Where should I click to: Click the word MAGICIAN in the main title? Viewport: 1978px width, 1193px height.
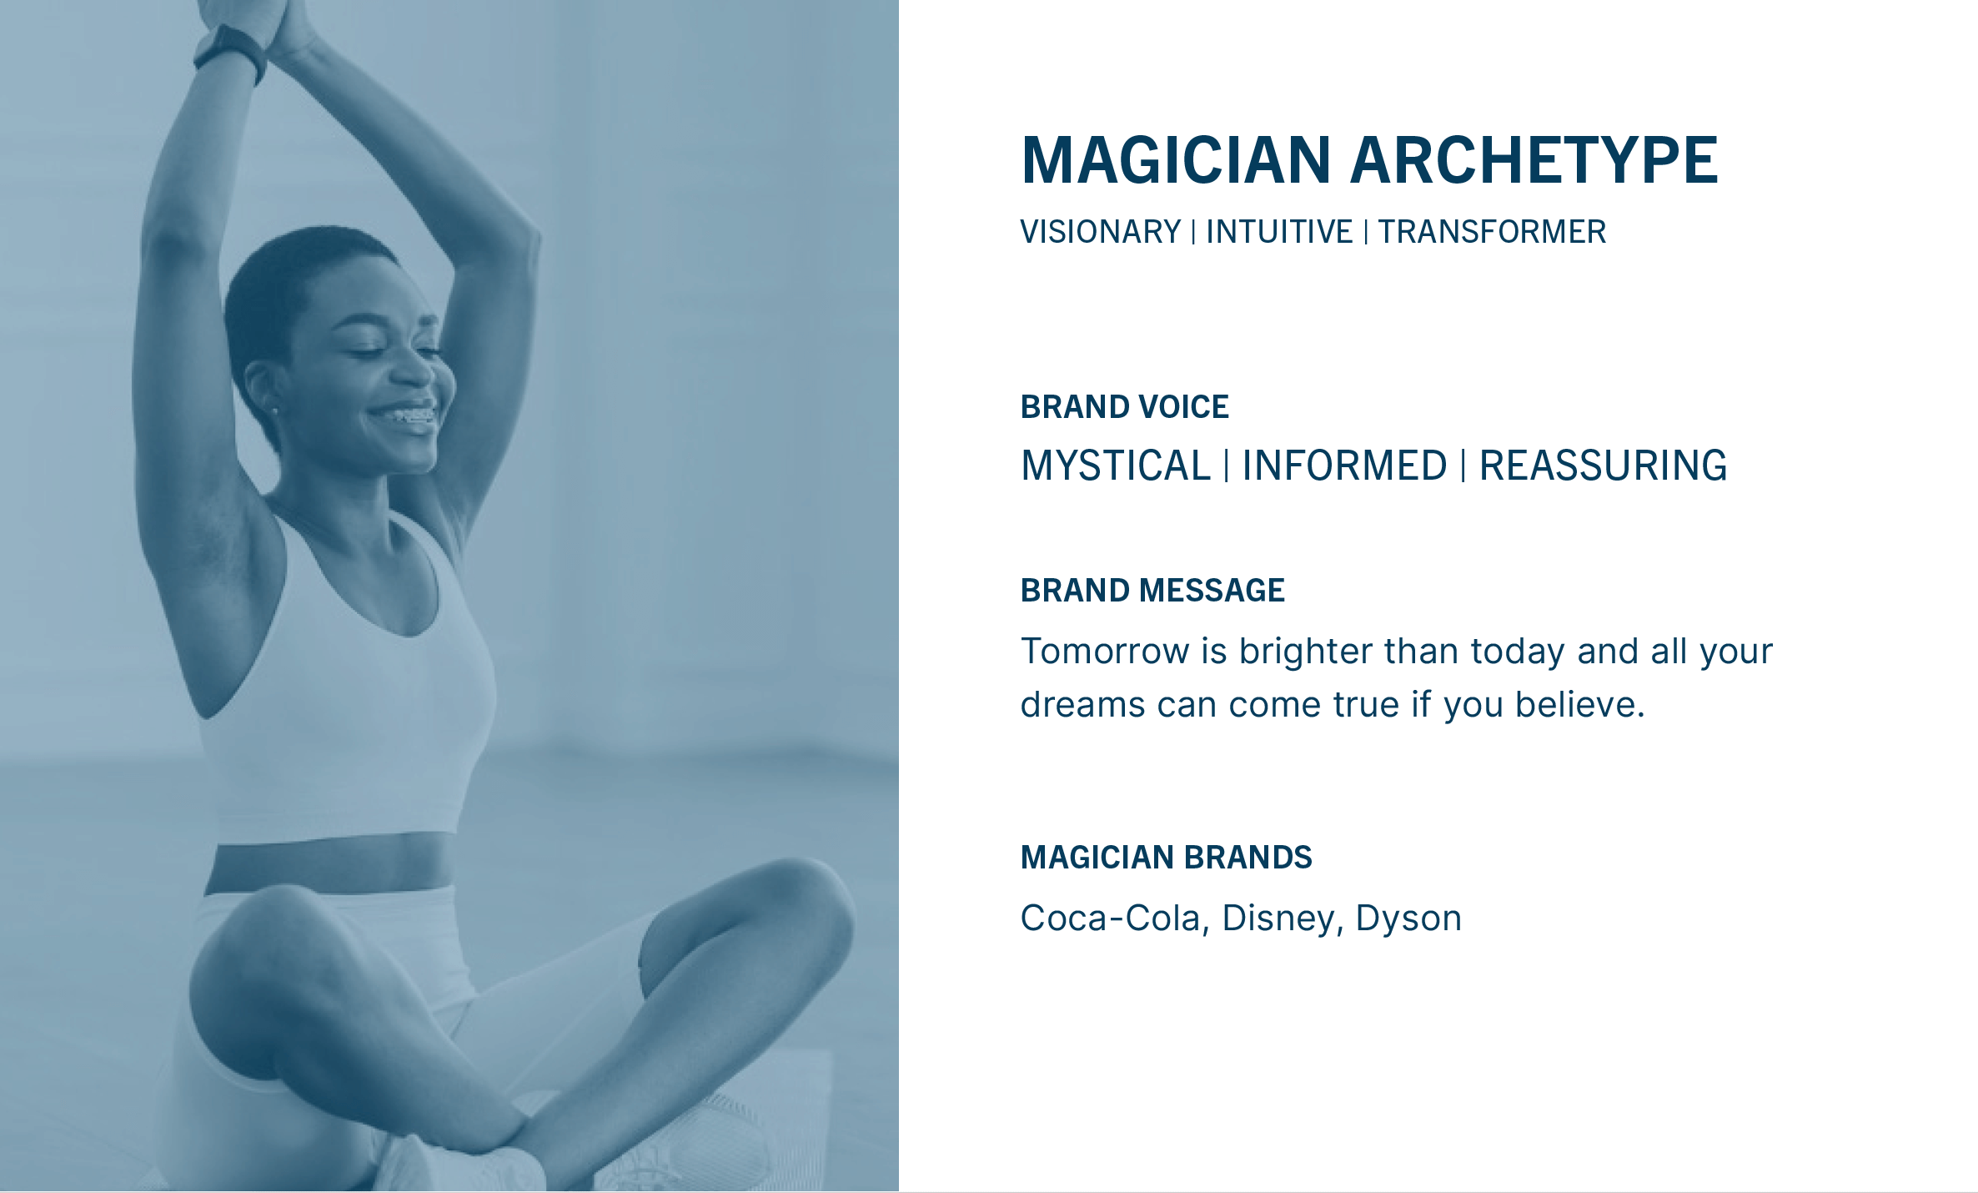coord(1176,160)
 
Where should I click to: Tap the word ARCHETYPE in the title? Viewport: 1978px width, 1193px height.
coord(1534,160)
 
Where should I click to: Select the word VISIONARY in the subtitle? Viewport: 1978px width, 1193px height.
coord(1101,232)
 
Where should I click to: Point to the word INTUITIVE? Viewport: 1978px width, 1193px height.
coord(1279,232)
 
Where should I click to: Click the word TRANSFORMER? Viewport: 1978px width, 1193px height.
coord(1492,232)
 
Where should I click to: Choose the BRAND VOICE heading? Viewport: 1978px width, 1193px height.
coord(1125,407)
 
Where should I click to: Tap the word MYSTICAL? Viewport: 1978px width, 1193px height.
coord(1116,466)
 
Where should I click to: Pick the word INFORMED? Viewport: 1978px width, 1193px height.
coord(1344,466)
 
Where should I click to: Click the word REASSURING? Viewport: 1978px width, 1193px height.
coord(1603,466)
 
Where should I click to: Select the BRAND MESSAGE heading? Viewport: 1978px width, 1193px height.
coord(1152,591)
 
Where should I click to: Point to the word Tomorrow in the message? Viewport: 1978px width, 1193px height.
coord(1105,652)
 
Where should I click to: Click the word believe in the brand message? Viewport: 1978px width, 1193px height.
coord(1579,705)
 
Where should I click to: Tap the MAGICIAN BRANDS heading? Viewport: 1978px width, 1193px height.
coord(1167,858)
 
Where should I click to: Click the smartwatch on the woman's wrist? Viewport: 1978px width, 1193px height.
coord(230,53)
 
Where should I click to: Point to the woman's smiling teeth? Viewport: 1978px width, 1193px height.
coord(412,415)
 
